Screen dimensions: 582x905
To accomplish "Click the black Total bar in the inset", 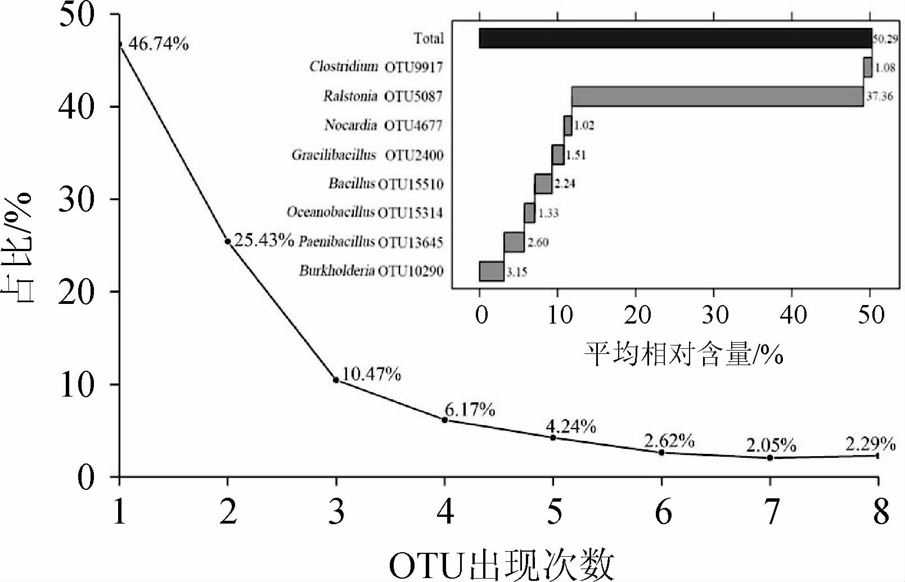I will tap(675, 38).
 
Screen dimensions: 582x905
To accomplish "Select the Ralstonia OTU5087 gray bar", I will tap(717, 96).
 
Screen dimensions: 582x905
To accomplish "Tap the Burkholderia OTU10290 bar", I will tap(491, 271).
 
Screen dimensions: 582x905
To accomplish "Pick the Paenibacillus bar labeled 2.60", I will tap(514, 242).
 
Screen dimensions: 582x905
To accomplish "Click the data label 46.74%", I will tap(158, 44).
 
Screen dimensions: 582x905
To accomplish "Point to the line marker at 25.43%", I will tap(228, 242).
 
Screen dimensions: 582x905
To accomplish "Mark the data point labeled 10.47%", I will tap(336, 380).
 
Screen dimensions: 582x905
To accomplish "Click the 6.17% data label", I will tap(470, 410).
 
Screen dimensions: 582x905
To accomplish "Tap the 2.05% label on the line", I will tap(771, 446).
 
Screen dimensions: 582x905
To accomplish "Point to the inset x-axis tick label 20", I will tap(637, 315).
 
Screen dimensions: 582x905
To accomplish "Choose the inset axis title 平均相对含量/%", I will tap(683, 354).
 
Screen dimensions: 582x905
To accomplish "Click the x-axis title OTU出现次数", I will tap(501, 565).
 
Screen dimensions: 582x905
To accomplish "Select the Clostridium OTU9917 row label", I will tap(376, 67).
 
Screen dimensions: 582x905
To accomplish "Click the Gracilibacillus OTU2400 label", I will tap(367, 155).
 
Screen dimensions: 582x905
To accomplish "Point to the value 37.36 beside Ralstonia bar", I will tap(879, 96).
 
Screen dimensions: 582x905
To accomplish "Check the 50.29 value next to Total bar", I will tap(885, 39).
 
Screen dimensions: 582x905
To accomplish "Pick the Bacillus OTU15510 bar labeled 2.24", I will tap(543, 184).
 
